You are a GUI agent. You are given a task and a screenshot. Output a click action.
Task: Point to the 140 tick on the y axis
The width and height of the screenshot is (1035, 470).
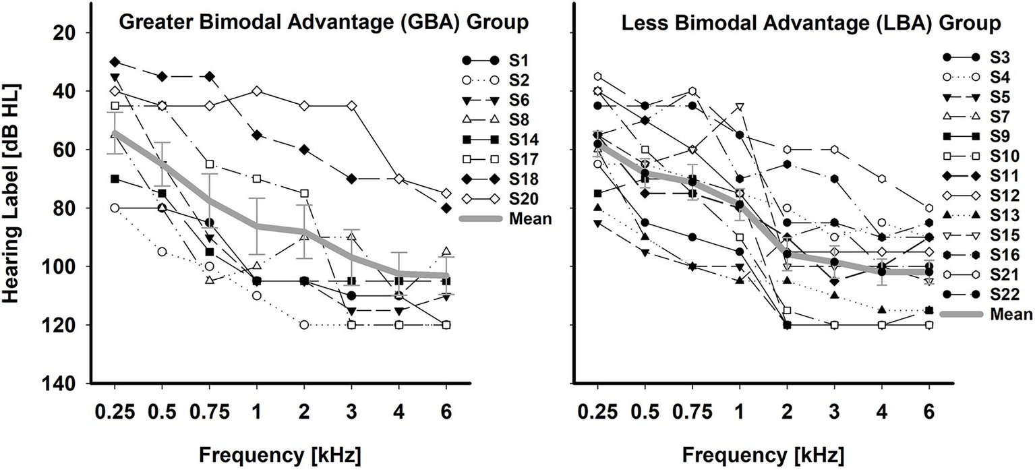click(x=64, y=384)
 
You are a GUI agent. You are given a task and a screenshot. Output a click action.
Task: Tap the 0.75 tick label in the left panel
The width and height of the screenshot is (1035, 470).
click(x=209, y=411)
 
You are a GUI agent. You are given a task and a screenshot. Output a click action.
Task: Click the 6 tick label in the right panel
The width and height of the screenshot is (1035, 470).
click(x=929, y=411)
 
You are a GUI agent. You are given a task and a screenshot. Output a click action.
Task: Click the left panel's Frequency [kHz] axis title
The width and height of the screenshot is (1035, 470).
click(x=280, y=454)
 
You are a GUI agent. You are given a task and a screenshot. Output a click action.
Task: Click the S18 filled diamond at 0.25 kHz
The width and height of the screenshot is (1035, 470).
click(x=115, y=61)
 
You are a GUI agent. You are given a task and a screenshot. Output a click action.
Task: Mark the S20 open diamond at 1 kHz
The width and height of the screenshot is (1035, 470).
click(x=257, y=91)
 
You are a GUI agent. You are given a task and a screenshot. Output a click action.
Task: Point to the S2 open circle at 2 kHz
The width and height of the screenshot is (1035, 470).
click(x=304, y=325)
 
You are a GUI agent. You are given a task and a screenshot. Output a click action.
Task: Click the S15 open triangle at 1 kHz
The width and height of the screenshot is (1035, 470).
click(x=740, y=107)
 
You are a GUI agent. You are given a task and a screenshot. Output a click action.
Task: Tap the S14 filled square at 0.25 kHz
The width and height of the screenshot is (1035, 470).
click(x=115, y=179)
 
